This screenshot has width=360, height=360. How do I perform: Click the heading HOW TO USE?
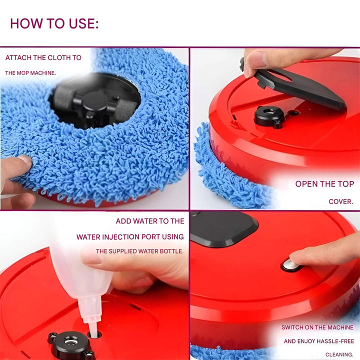click(x=54, y=23)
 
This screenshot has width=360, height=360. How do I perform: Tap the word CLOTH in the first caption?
click(x=52, y=57)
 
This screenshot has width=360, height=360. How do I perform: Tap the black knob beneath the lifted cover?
click(x=269, y=115)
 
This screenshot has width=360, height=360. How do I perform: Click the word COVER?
click(x=341, y=202)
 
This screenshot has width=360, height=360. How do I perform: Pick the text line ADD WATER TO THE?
click(x=150, y=221)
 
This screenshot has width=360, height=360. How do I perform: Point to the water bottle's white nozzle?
click(x=91, y=315)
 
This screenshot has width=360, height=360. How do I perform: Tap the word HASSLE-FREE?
click(x=334, y=341)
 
